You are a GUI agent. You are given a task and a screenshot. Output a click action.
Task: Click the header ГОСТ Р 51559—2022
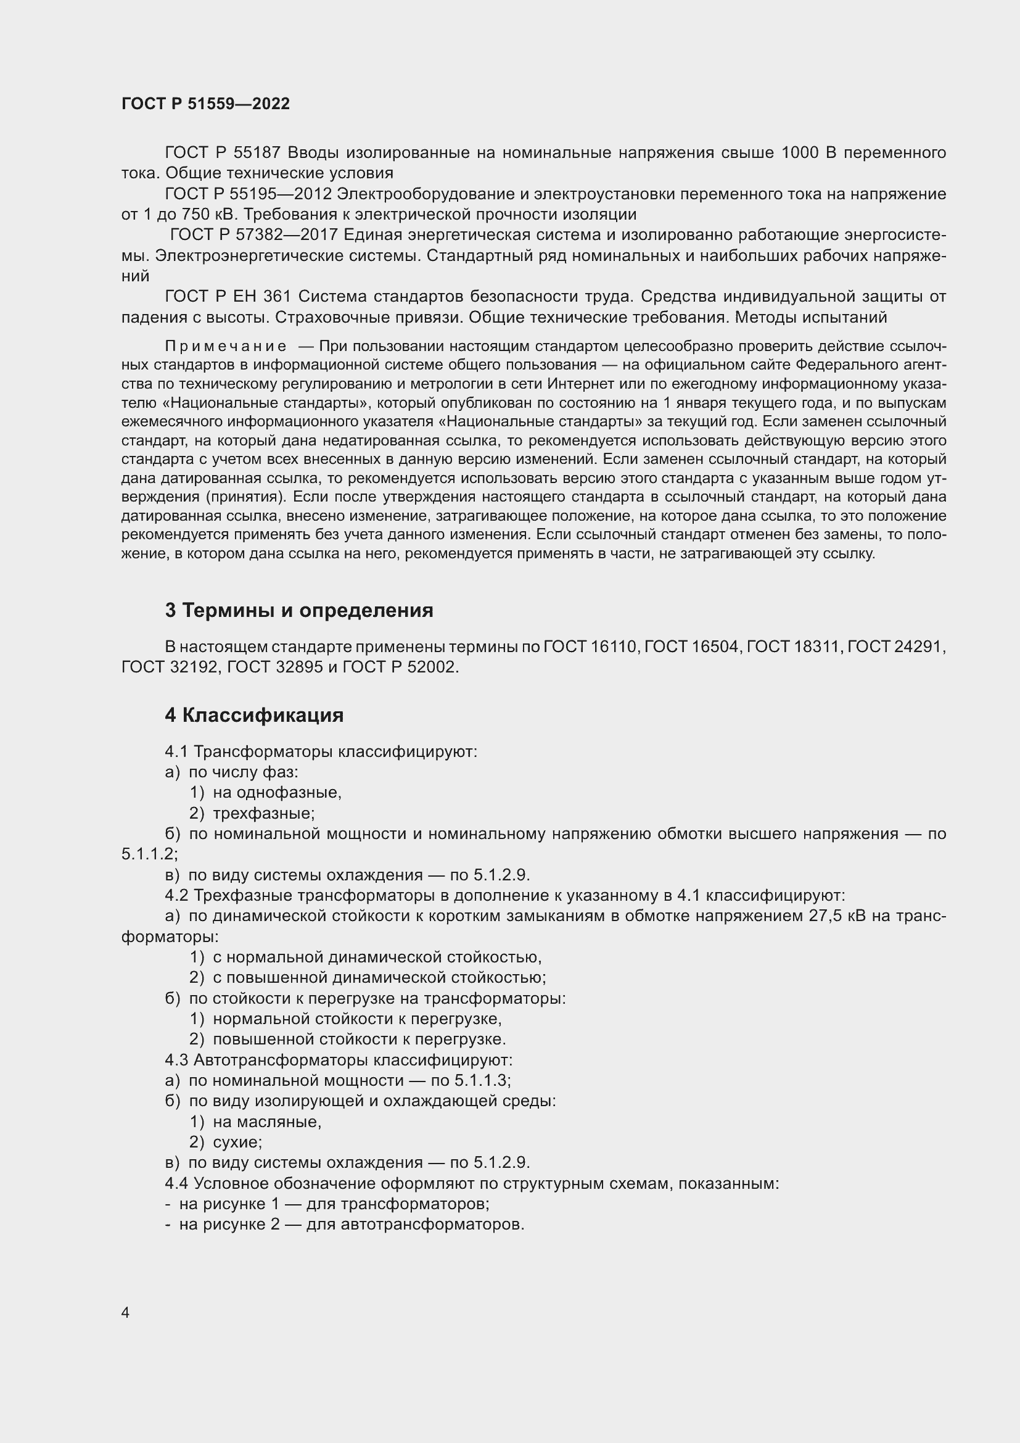pyautogui.click(x=205, y=104)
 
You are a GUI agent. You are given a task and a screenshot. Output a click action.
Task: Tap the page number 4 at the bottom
pyautogui.click(x=125, y=1312)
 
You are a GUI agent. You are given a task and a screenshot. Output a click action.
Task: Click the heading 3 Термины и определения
pyautogui.click(x=299, y=610)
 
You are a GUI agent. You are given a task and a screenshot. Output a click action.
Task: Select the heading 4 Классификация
pyautogui.click(x=253, y=715)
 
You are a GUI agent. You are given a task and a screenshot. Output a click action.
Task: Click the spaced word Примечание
pyautogui.click(x=226, y=346)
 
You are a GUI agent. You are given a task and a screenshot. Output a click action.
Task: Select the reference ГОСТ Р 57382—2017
pyautogui.click(x=253, y=235)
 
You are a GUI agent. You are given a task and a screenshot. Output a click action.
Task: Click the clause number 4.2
pyautogui.click(x=176, y=895)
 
